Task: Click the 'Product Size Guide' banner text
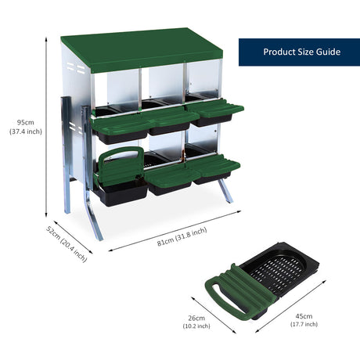[x=301, y=52]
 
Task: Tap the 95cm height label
[x=26, y=122]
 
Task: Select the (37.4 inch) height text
[x=26, y=132]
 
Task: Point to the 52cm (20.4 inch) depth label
[x=66, y=243]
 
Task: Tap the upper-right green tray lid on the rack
[x=217, y=110]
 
